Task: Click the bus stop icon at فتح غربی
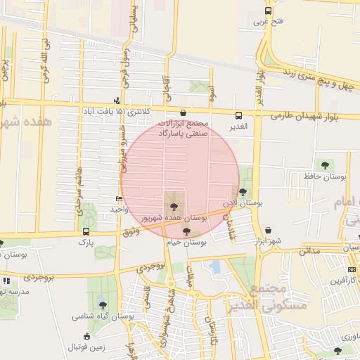pyautogui.click(x=268, y=11)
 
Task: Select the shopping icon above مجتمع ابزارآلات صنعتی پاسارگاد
pyautogui.click(x=184, y=112)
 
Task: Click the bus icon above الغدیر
pyautogui.click(x=238, y=115)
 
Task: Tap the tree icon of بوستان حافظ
pyautogui.click(x=324, y=165)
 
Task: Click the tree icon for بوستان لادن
pyautogui.click(x=243, y=191)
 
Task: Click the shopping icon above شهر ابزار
pyautogui.click(x=269, y=230)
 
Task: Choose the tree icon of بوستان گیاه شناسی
pyautogui.click(x=103, y=305)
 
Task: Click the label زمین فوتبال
pyautogui.click(x=85, y=347)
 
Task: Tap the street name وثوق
pyautogui.click(x=131, y=231)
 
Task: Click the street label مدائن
pyautogui.click(x=309, y=250)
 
